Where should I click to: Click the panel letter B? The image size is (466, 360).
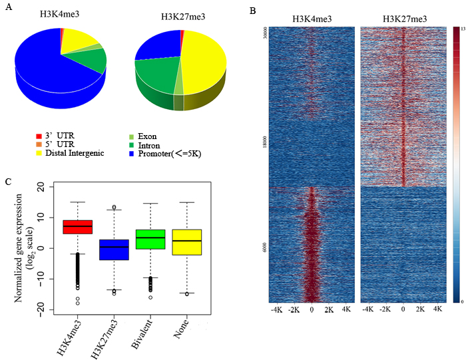click(x=251, y=11)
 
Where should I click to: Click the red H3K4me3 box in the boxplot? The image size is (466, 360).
click(x=77, y=227)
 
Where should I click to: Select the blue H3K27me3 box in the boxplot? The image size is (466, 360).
click(x=115, y=250)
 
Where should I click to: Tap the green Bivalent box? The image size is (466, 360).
click(x=151, y=239)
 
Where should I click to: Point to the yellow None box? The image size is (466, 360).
click(x=188, y=242)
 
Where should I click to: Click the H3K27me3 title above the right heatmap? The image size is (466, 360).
click(x=405, y=19)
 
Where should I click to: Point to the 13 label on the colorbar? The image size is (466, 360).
click(x=462, y=29)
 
